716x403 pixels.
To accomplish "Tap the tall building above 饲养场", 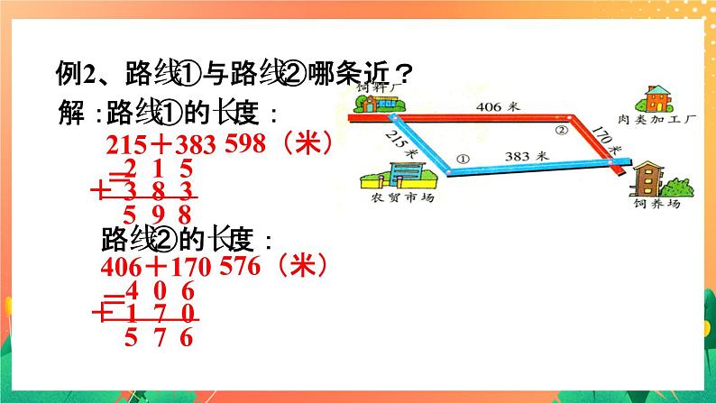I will coord(648,178).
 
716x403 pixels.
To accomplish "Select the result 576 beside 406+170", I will coord(236,267).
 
